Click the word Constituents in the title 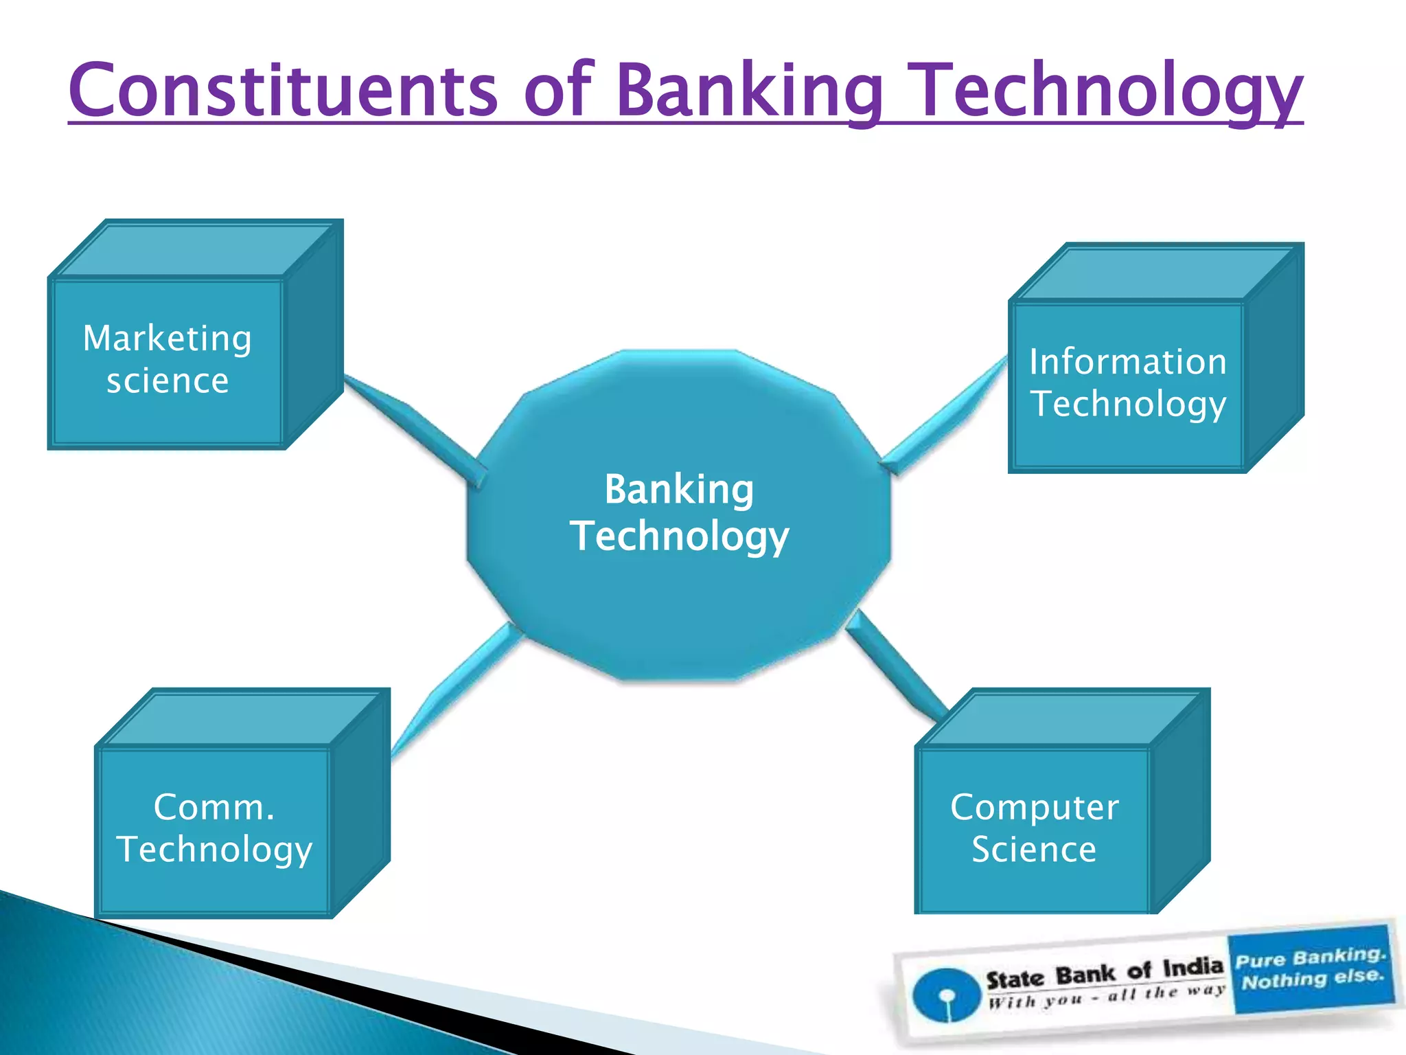point(283,91)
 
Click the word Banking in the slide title point(748,91)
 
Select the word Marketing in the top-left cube point(167,339)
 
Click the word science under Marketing point(167,381)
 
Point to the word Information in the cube point(1127,362)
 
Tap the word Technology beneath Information point(1127,404)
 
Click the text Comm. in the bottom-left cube point(214,807)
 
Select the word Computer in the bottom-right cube point(1034,808)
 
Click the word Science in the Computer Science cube point(1034,850)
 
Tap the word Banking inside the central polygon point(678,490)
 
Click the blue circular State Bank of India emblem point(946,995)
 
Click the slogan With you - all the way point(1105,996)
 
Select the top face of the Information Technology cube point(1153,273)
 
